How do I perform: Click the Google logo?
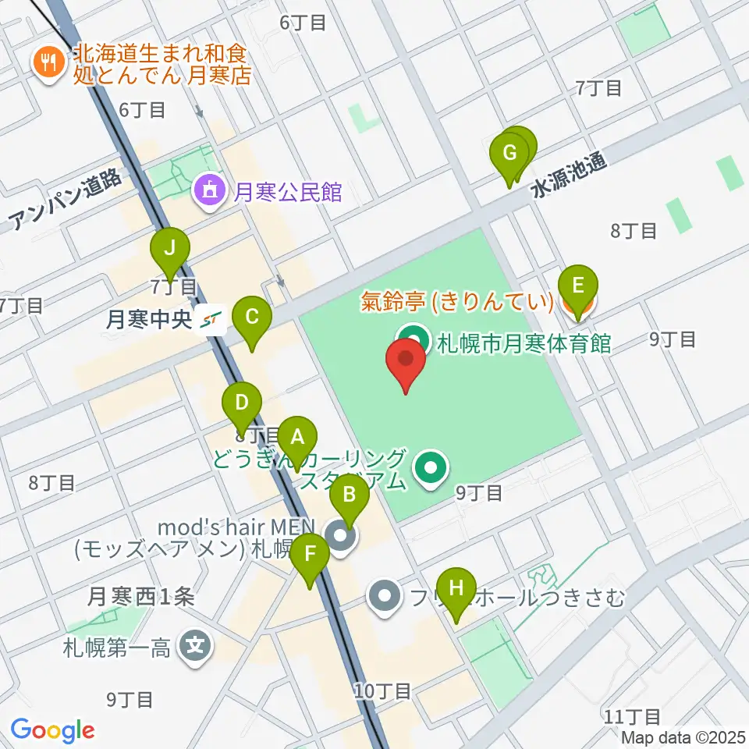click(52, 730)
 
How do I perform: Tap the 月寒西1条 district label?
click(140, 597)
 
